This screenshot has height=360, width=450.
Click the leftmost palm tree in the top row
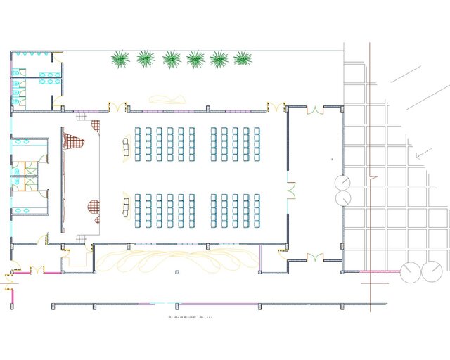click(x=121, y=59)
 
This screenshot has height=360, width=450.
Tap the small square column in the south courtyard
click(x=177, y=271)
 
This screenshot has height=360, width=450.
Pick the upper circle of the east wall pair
click(x=342, y=182)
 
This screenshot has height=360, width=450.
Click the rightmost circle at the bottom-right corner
click(x=432, y=271)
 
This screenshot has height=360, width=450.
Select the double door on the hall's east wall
click(x=290, y=190)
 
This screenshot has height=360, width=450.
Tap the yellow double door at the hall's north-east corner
click(x=276, y=107)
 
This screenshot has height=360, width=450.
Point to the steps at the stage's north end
click(x=84, y=114)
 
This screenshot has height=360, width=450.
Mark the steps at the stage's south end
click(x=82, y=239)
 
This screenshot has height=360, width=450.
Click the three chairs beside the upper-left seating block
click(x=126, y=148)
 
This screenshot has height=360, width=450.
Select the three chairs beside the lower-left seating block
click(x=126, y=207)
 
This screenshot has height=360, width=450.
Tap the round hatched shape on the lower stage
click(x=93, y=207)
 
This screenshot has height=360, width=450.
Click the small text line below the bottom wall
click(x=190, y=317)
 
